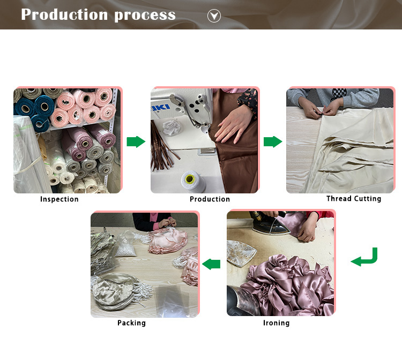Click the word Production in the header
click(x=64, y=14)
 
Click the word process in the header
click(x=145, y=16)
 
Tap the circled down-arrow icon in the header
click(x=214, y=16)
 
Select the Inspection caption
click(x=59, y=199)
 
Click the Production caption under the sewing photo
click(x=210, y=199)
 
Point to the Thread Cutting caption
click(x=354, y=199)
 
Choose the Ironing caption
click(x=277, y=323)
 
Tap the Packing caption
click(x=131, y=323)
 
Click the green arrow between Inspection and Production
click(x=136, y=141)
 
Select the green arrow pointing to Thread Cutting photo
click(x=273, y=141)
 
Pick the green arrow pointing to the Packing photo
click(x=211, y=264)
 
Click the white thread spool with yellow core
click(x=193, y=182)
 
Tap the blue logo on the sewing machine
click(x=160, y=108)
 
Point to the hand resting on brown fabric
click(x=232, y=124)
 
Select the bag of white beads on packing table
click(x=125, y=244)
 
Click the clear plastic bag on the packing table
click(x=173, y=301)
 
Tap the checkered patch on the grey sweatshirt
click(x=338, y=94)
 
